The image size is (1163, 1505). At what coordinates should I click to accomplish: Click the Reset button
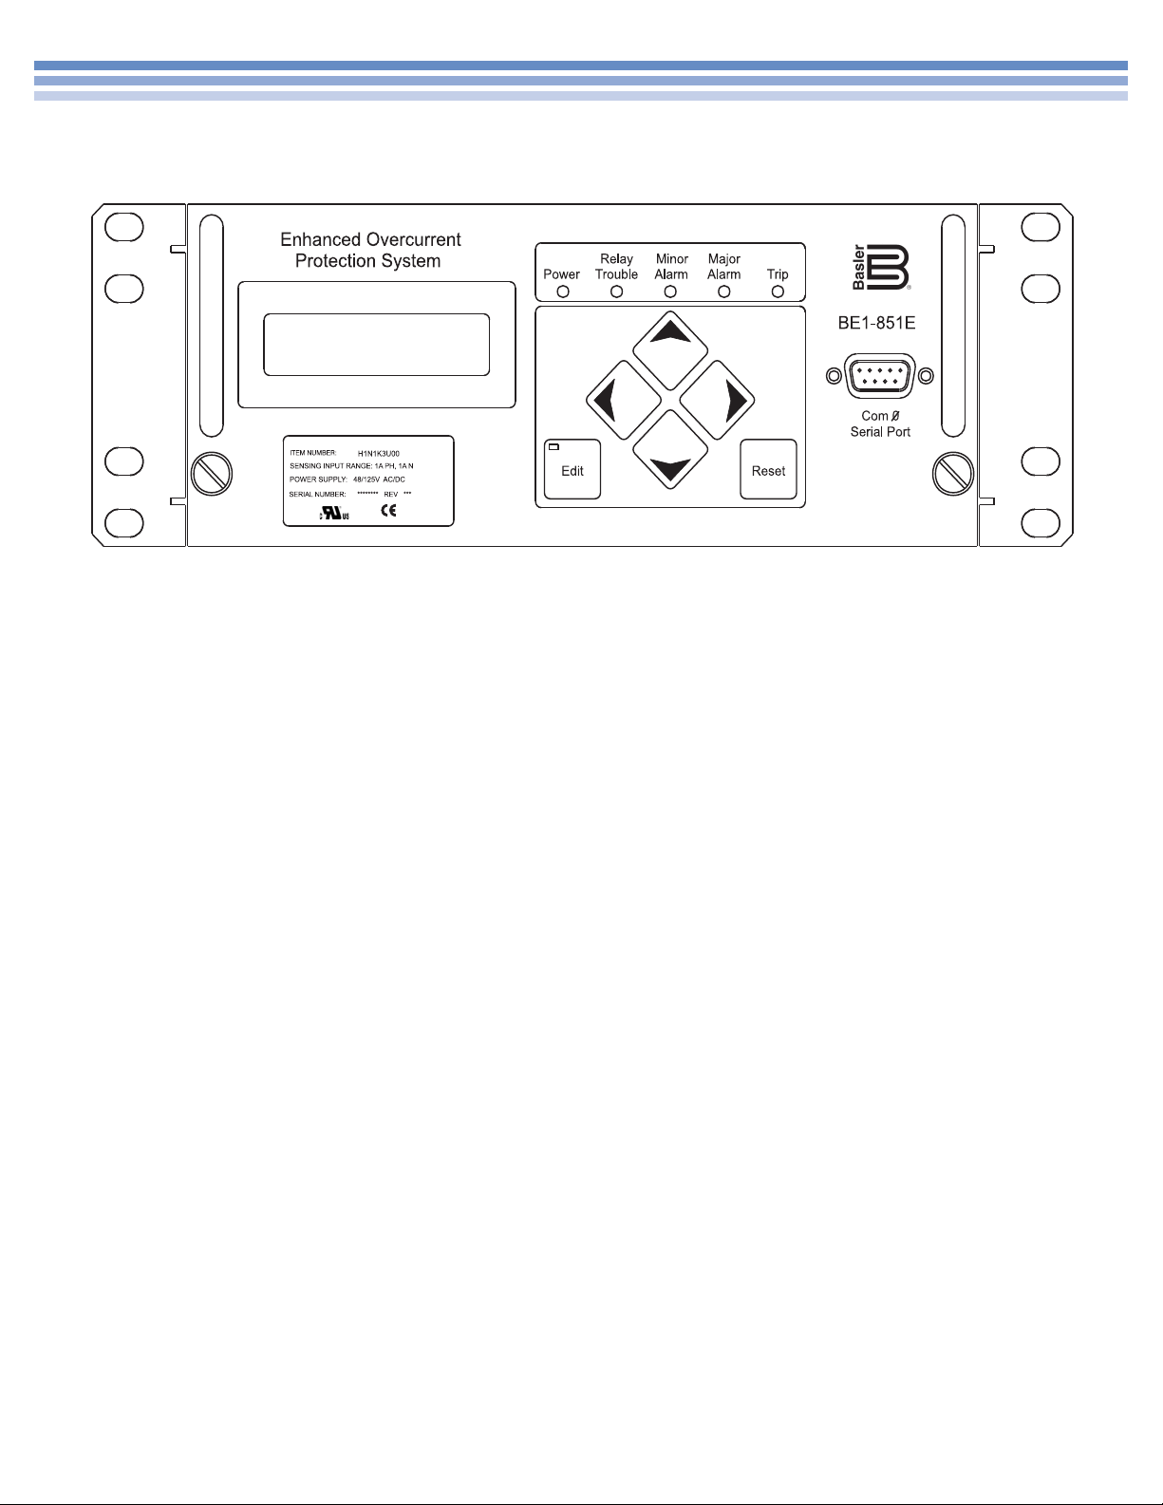click(x=768, y=469)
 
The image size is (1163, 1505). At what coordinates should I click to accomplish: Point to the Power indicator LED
click(x=562, y=292)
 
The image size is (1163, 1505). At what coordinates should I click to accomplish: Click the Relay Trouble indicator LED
click(x=616, y=292)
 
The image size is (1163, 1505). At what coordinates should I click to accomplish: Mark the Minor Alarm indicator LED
click(x=670, y=292)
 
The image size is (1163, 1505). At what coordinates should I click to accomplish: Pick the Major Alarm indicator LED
click(x=724, y=292)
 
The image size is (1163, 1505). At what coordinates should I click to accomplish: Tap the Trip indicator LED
click(x=778, y=292)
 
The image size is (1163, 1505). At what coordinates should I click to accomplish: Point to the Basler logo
click(x=880, y=269)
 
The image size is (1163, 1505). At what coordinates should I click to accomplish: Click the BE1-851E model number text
click(x=876, y=324)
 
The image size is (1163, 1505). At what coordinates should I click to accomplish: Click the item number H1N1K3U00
click(x=378, y=454)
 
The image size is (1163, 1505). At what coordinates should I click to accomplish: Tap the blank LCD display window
click(x=376, y=345)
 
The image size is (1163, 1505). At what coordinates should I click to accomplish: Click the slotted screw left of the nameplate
click(x=210, y=472)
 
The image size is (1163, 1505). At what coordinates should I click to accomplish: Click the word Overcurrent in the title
click(x=411, y=240)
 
